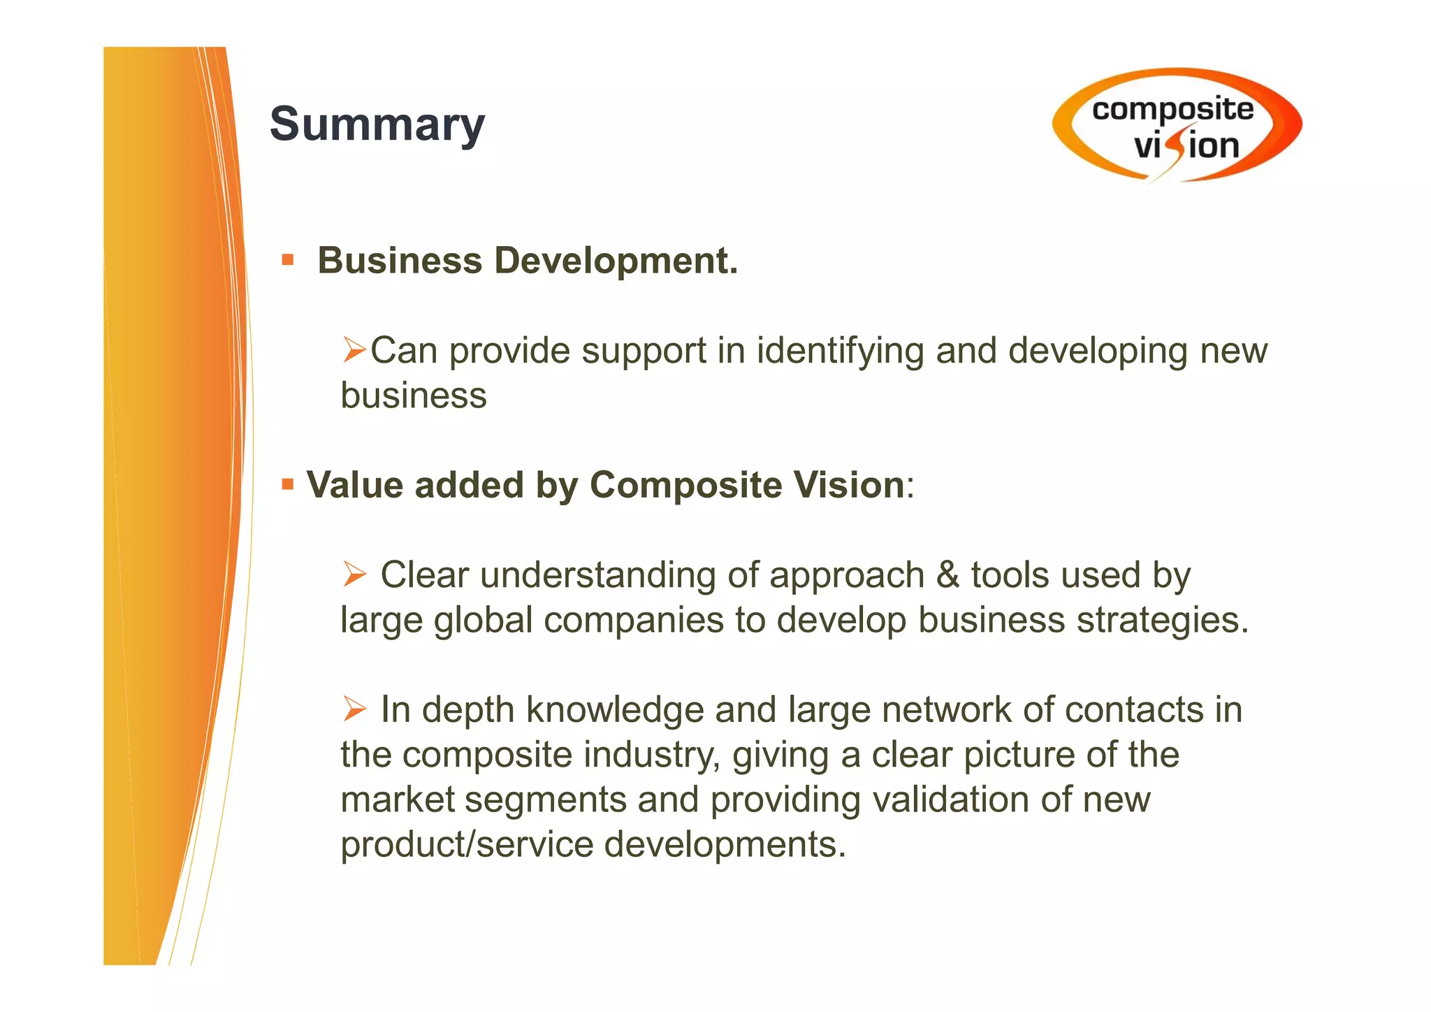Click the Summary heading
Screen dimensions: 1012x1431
coord(377,124)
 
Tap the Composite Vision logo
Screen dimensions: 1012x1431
coord(1177,126)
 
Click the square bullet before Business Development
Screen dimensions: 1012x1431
coord(288,261)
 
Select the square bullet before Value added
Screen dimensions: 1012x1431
coord(288,484)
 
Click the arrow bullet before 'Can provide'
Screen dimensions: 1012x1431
coord(354,349)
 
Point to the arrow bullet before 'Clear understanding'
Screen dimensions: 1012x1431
coord(354,574)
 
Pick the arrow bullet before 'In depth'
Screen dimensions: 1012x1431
coord(354,709)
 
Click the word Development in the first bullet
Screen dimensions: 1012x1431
coord(616,261)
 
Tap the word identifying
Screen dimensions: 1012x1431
coord(840,351)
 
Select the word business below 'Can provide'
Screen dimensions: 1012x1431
coord(414,396)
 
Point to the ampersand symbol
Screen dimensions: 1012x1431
coord(947,575)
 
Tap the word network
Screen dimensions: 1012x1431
coord(947,710)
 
